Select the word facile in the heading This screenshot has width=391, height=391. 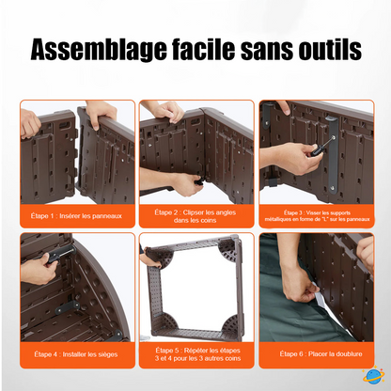[x=203, y=49]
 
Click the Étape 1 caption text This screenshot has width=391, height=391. [x=76, y=216]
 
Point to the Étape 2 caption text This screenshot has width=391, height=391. [x=195, y=216]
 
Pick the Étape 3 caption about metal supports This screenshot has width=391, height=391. [x=317, y=216]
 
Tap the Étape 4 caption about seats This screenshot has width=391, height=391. [x=76, y=354]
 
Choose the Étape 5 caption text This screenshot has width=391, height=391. [x=197, y=354]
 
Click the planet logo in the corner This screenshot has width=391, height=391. [x=373, y=375]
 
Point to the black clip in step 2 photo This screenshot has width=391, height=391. [x=199, y=181]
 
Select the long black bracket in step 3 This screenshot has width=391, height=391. [x=332, y=154]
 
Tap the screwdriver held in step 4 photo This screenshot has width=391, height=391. [x=61, y=254]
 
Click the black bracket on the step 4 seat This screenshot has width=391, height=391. [x=67, y=306]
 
